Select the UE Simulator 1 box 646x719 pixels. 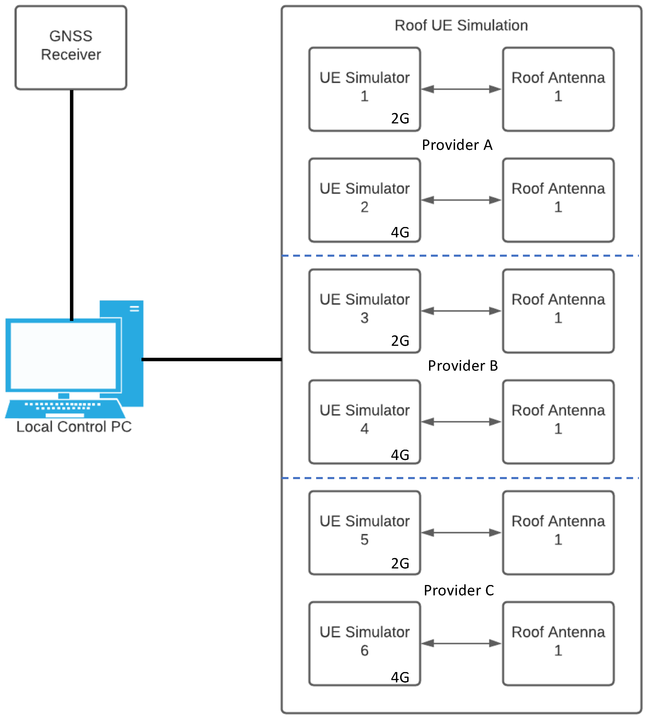[x=365, y=89]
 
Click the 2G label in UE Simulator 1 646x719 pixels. [x=400, y=118]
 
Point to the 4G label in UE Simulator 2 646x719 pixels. [x=400, y=232]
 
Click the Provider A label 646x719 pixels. [x=457, y=145]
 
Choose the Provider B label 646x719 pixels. [x=463, y=366]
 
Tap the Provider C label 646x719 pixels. [x=459, y=590]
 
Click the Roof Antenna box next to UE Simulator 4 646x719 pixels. [x=558, y=422]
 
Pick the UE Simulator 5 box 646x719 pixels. [x=365, y=533]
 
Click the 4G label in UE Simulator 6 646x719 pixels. [x=400, y=677]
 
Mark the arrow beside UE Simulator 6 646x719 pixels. [x=461, y=643]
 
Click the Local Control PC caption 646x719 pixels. [x=74, y=427]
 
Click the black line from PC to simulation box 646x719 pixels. [x=211, y=360]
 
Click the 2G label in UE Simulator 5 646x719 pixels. [x=400, y=563]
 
